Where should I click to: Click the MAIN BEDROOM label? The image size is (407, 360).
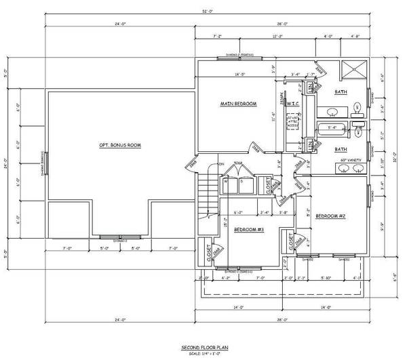(x=238, y=104)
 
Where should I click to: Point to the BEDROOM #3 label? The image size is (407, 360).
(x=250, y=229)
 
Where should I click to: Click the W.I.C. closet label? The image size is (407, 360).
(x=293, y=104)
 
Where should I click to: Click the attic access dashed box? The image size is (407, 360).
(x=293, y=122)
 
